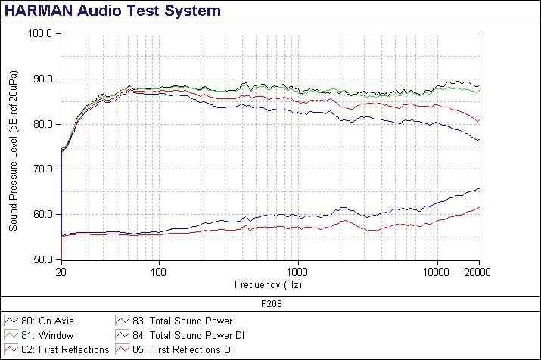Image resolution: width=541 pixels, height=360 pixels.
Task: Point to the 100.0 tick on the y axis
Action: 39,34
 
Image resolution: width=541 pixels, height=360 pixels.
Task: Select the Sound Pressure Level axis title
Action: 13,147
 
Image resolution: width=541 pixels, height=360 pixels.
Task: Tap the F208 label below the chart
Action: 270,303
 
